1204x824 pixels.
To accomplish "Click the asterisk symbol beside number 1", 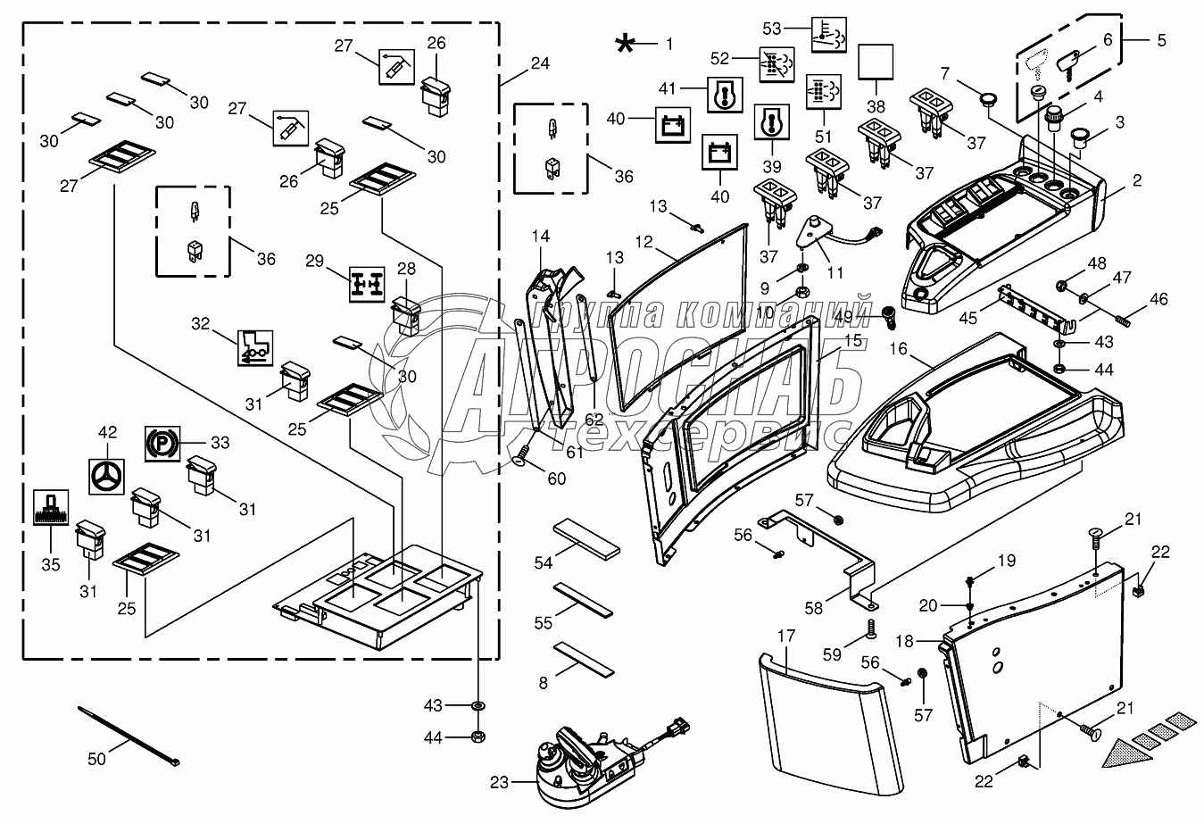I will pos(629,43).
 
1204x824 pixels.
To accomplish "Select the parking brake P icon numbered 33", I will pos(162,442).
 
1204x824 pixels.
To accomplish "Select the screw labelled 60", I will pos(524,458).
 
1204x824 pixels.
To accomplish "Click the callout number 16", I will pos(898,349).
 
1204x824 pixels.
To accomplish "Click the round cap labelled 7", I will pos(986,99).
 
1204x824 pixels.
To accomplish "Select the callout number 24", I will pos(539,63).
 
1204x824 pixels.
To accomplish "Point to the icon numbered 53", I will pos(826,34).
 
